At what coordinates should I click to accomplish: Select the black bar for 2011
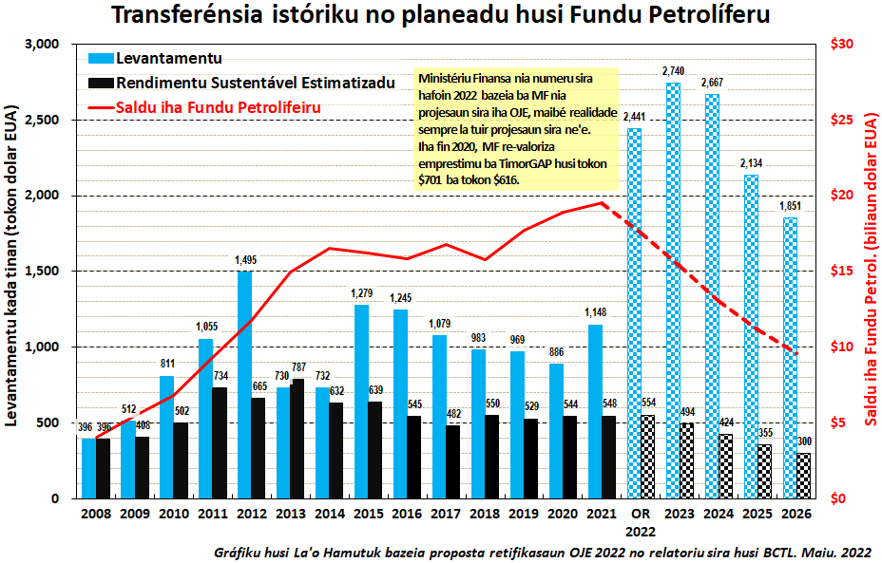click(x=220, y=442)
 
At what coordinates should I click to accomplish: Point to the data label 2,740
click(x=673, y=71)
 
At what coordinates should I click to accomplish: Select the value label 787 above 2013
click(x=297, y=367)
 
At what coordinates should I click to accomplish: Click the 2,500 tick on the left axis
click(x=44, y=121)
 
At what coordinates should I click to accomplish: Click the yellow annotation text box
click(x=517, y=129)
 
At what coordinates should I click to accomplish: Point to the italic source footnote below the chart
click(x=542, y=551)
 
